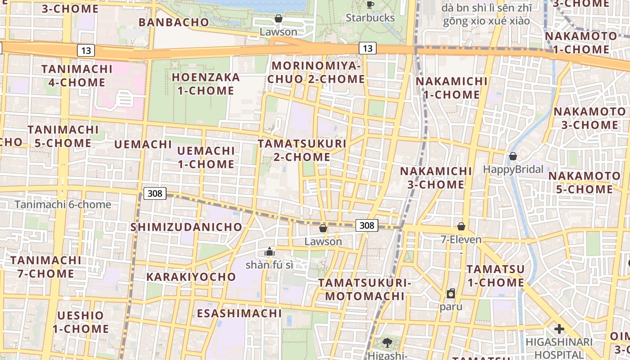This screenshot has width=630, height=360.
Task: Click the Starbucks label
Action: pos(370,18)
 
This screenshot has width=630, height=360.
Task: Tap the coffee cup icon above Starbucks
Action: pos(370,5)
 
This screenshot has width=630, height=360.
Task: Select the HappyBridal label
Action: pos(513,170)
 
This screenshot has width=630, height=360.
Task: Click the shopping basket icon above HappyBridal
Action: pos(513,156)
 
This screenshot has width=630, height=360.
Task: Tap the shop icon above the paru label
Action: pos(451,293)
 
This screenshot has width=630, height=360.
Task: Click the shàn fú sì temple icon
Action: pos(270,251)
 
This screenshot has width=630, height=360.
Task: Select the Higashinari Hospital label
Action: pos(559,348)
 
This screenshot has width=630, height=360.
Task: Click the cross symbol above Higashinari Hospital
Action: pos(559,329)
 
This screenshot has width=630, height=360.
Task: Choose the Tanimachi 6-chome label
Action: pos(63,205)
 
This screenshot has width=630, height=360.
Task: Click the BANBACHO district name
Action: pos(174,22)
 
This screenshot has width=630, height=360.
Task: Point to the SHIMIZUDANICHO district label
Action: pos(186,227)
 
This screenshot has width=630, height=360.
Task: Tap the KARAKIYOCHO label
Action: pos(191,277)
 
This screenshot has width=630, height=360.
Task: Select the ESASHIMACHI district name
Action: pos(239,313)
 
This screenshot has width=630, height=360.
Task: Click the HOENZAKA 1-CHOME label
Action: pos(206,84)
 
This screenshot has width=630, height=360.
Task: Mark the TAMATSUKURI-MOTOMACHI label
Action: pos(365,289)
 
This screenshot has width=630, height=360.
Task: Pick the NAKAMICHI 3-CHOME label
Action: pos(436,178)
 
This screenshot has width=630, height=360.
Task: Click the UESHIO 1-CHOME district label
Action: pos(81,322)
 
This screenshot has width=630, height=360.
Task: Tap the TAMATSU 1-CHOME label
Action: pos(495,276)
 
